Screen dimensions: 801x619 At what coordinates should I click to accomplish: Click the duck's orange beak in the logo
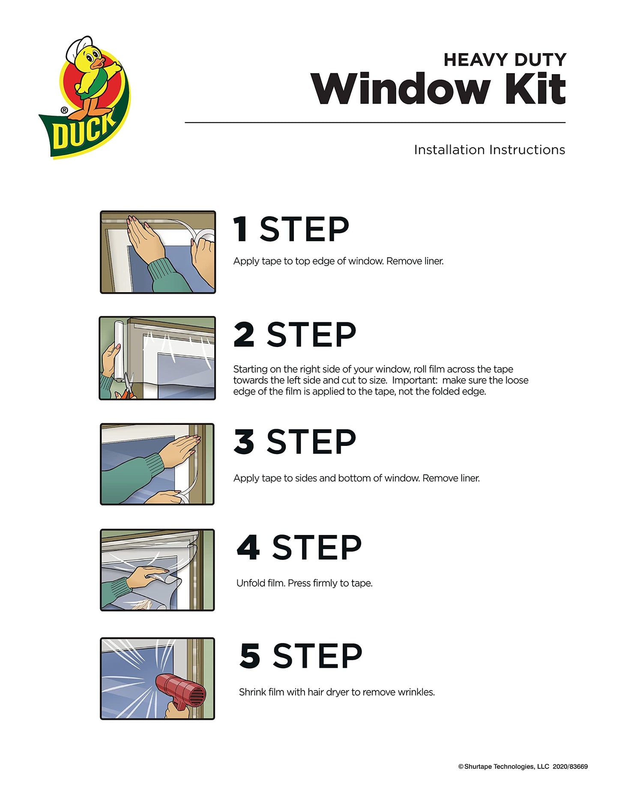click(98, 63)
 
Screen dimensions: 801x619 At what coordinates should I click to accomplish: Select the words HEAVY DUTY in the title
click(505, 60)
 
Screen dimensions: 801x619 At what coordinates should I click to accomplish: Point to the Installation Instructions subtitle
click(489, 150)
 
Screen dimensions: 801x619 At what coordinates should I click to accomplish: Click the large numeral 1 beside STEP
click(241, 229)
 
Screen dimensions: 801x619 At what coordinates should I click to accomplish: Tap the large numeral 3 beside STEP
click(244, 442)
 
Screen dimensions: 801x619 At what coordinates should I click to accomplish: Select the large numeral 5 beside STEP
click(250, 655)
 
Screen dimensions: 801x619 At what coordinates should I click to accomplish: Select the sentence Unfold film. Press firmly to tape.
click(304, 583)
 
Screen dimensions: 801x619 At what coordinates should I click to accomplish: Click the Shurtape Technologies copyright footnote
click(523, 767)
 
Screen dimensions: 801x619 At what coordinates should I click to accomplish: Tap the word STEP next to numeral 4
click(317, 548)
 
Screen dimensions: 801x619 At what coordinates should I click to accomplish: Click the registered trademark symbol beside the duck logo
click(64, 111)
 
